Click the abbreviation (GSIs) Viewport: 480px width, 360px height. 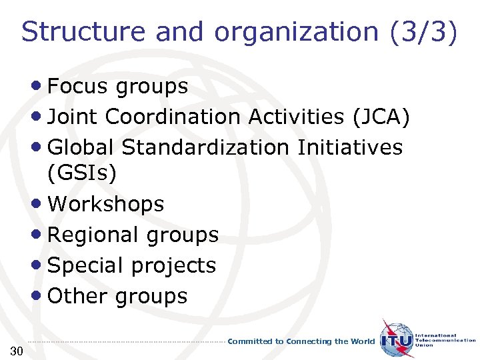point(82,173)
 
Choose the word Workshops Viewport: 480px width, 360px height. point(106,204)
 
